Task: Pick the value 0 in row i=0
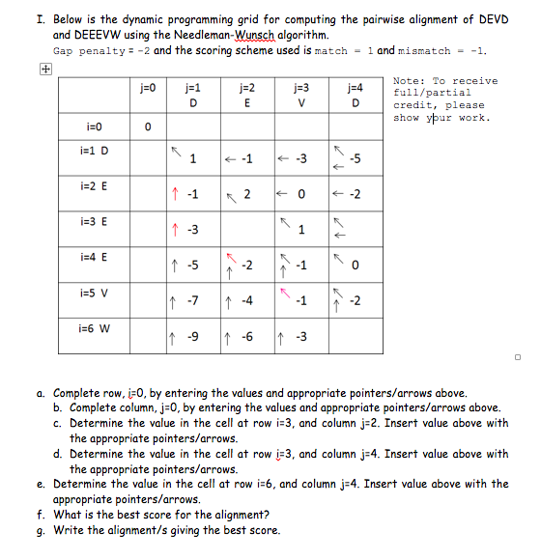point(147,126)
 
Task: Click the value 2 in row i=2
point(248,194)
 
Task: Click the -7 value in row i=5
point(192,301)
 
